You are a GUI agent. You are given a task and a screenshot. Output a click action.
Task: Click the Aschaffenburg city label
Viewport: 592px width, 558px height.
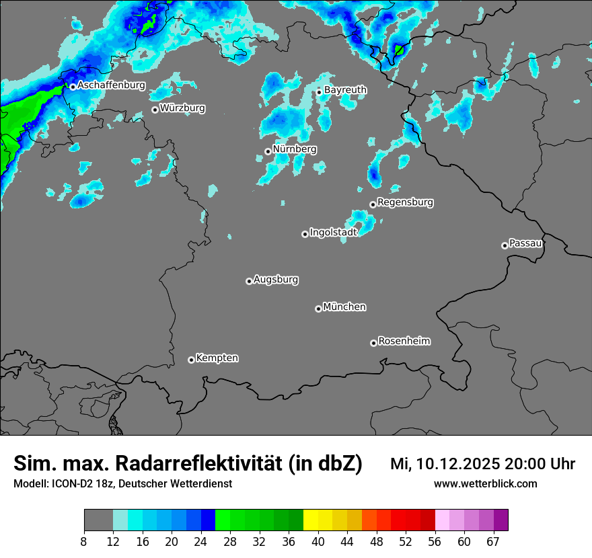[111, 85]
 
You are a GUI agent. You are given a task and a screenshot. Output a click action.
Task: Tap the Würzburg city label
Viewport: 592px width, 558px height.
[182, 108]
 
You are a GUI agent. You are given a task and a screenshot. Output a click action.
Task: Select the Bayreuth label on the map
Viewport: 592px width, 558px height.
[345, 89]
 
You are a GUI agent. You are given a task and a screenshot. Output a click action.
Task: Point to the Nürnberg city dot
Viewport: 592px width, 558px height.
[268, 151]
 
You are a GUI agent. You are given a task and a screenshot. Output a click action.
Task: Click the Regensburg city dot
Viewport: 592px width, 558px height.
[373, 204]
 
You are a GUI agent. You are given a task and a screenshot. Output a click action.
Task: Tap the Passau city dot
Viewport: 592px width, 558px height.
[505, 245]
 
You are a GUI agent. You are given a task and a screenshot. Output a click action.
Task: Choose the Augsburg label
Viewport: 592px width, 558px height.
[276, 279]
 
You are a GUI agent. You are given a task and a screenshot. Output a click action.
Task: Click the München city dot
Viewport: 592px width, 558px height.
[318, 309]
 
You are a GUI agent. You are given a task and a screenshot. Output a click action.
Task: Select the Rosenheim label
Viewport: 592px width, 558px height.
[404, 341]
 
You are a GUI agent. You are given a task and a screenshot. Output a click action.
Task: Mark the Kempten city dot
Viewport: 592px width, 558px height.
[191, 360]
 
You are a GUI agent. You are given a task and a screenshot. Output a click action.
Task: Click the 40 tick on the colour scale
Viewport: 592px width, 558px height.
[318, 541]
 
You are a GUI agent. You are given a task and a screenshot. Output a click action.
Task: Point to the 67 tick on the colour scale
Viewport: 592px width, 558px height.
[493, 541]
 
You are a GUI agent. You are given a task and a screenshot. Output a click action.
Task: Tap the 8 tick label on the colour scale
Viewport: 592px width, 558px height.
[84, 541]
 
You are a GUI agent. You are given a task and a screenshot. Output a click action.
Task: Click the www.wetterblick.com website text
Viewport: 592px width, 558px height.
[485, 483]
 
